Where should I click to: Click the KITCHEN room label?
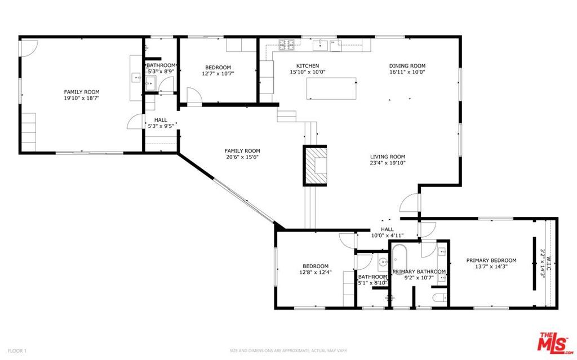coord(308,65)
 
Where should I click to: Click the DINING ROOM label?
coord(407,65)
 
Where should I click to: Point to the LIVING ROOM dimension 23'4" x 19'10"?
coord(387,163)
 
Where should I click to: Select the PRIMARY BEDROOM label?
coord(491,260)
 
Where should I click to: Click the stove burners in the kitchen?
coord(287,43)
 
